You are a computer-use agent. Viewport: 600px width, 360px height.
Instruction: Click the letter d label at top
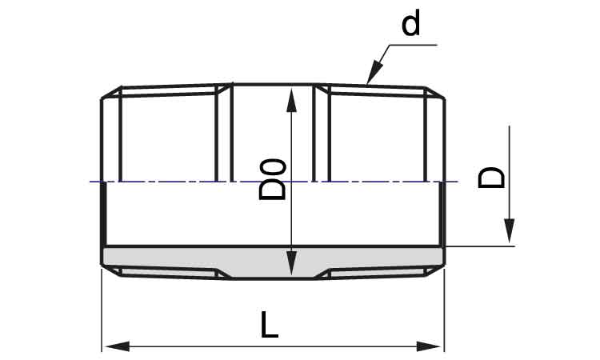[x=411, y=22]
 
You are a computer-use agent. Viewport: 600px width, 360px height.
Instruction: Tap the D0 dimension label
[x=273, y=180]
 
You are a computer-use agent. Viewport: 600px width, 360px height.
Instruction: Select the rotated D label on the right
[x=491, y=178]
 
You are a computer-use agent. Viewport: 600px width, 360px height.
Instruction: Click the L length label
[x=270, y=325]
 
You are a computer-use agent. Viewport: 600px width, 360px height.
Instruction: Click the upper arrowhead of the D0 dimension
[x=291, y=100]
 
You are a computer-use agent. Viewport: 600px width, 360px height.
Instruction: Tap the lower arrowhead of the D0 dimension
[x=291, y=263]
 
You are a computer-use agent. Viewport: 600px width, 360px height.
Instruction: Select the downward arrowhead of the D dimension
[x=509, y=230]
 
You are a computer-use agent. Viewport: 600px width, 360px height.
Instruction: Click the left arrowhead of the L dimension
[x=117, y=346]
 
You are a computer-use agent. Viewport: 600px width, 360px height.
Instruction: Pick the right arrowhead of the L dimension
[x=429, y=346]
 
